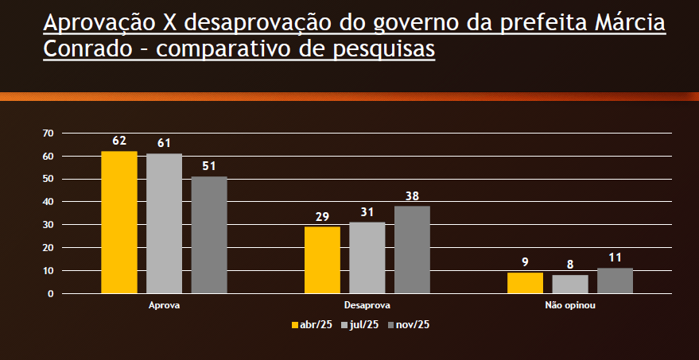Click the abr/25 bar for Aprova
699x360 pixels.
(x=119, y=223)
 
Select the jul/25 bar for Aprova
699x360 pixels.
(x=164, y=223)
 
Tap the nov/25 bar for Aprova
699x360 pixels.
(x=209, y=235)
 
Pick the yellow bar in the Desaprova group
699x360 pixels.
(x=322, y=260)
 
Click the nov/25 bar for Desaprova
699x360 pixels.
(x=412, y=250)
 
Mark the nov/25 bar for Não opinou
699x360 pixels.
(x=615, y=281)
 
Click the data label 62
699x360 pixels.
(x=119, y=141)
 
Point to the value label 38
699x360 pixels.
(x=412, y=195)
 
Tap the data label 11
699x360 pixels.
(x=615, y=257)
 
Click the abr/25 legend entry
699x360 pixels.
(x=312, y=324)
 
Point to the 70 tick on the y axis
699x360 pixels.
(x=49, y=133)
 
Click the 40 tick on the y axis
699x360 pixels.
(x=49, y=202)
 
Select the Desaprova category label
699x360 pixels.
(x=367, y=305)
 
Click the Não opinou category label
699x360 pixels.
(x=570, y=305)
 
